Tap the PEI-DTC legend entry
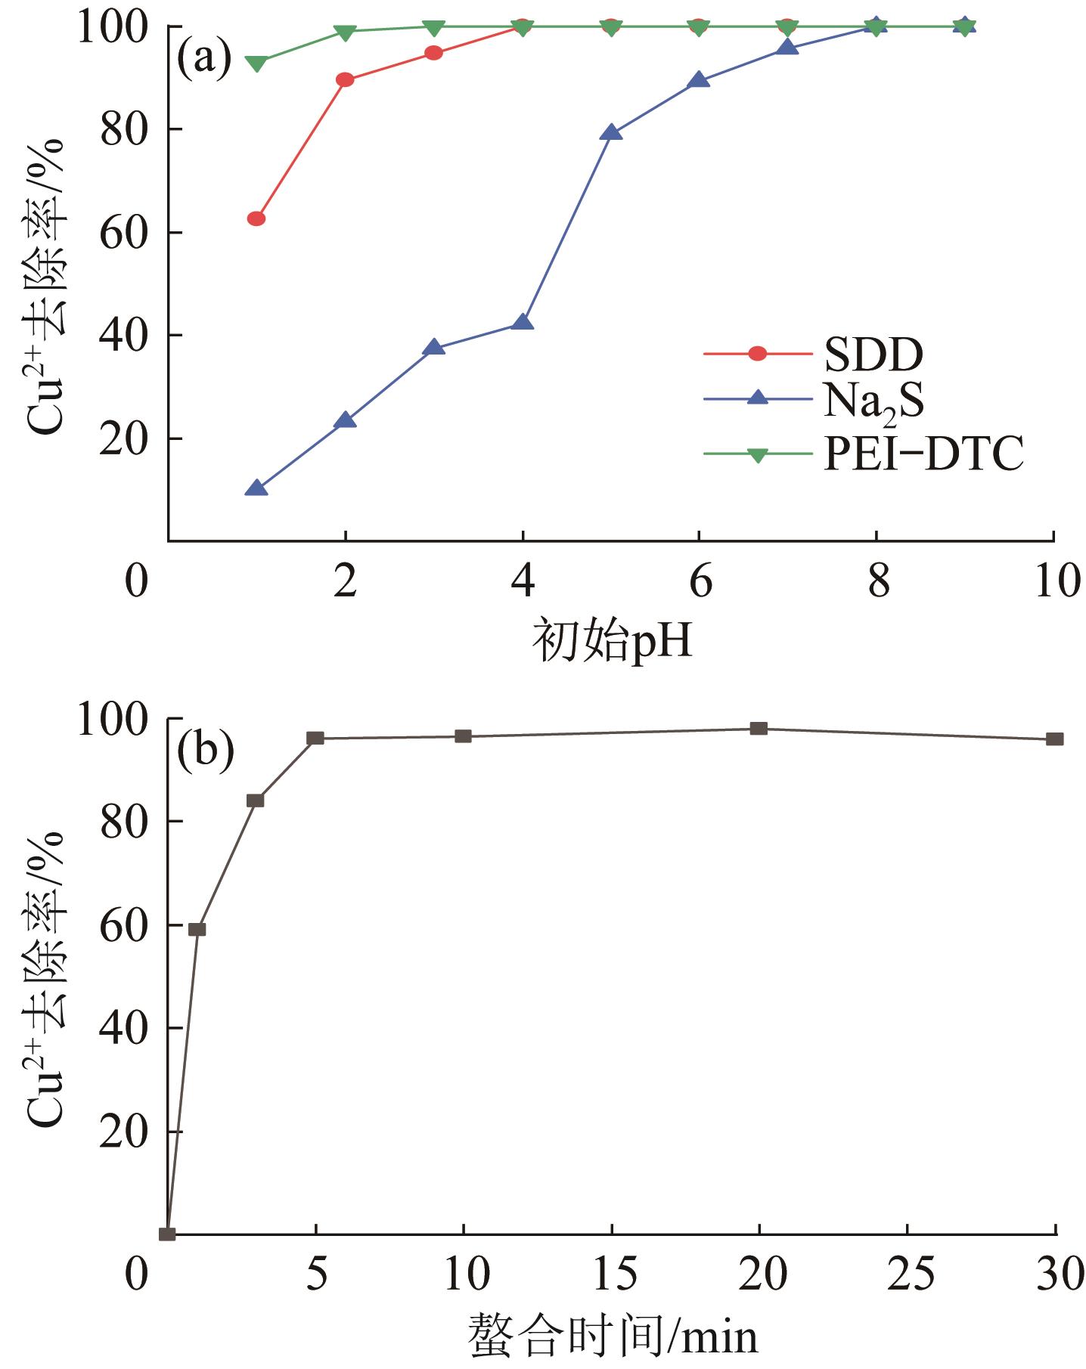[923, 454]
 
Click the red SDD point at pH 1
[256, 218]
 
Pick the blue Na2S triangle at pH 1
[256, 488]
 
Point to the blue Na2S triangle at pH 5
[611, 133]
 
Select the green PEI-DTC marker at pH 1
[256, 63]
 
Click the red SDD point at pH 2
[345, 79]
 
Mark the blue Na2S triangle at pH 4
[523, 323]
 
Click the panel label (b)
[204, 751]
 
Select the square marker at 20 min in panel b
[759, 729]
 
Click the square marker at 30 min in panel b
[1054, 739]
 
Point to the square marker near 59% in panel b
[197, 929]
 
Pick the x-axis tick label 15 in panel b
[612, 1274]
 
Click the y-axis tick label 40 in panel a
[123, 335]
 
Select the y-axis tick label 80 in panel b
[123, 822]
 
